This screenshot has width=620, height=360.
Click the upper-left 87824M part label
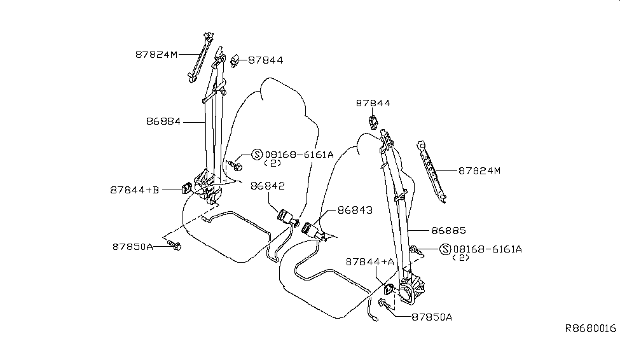click(155, 55)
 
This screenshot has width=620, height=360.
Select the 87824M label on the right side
click(479, 170)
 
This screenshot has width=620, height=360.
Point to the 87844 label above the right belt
click(373, 103)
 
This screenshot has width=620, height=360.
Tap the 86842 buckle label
click(267, 186)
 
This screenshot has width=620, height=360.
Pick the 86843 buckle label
click(355, 209)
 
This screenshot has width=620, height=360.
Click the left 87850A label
click(133, 246)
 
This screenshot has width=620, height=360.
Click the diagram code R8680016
click(591, 329)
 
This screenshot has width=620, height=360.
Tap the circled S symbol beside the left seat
click(257, 155)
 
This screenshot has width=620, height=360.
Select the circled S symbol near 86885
click(445, 249)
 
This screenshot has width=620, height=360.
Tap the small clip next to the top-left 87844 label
click(235, 60)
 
